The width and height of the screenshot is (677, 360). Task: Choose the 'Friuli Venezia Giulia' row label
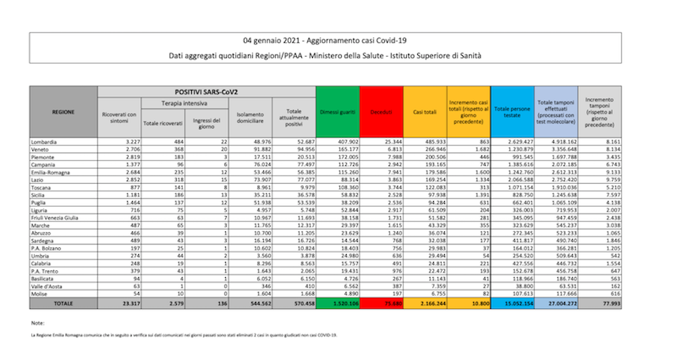point(55,218)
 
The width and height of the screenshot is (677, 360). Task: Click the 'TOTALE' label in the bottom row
point(64,303)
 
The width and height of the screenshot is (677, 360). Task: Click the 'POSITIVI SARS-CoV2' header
point(207,91)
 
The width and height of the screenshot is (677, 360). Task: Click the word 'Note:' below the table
point(37,323)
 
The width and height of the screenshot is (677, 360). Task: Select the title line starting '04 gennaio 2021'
point(338,40)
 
